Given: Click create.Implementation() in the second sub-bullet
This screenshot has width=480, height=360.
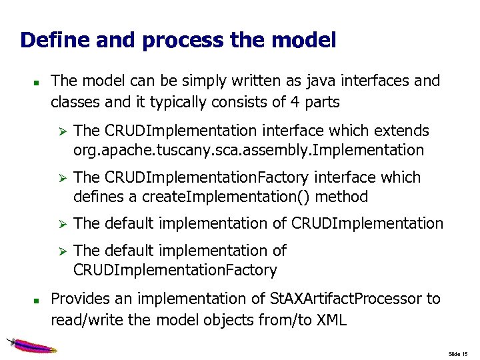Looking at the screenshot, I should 218,197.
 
